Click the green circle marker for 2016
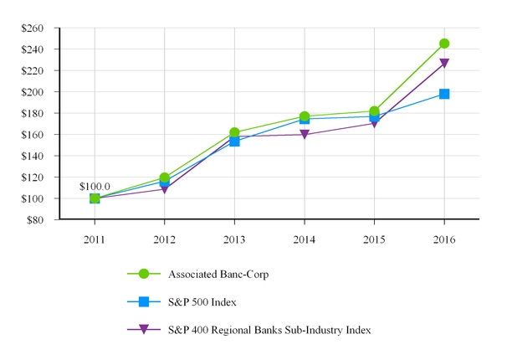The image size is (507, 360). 444,44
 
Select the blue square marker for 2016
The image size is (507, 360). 444,94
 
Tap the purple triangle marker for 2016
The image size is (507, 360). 444,64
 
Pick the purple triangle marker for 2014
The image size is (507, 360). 305,135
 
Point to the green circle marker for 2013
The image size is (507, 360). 234,132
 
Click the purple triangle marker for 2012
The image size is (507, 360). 165,189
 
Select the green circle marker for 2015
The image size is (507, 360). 374,111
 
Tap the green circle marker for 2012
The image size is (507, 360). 165,177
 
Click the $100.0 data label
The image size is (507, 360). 94,186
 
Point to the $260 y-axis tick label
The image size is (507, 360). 33,28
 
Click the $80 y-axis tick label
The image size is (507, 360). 35,220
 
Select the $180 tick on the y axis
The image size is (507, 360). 33,113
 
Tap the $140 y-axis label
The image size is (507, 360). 33,156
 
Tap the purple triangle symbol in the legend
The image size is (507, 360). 143,330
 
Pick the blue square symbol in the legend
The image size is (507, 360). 143,301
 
